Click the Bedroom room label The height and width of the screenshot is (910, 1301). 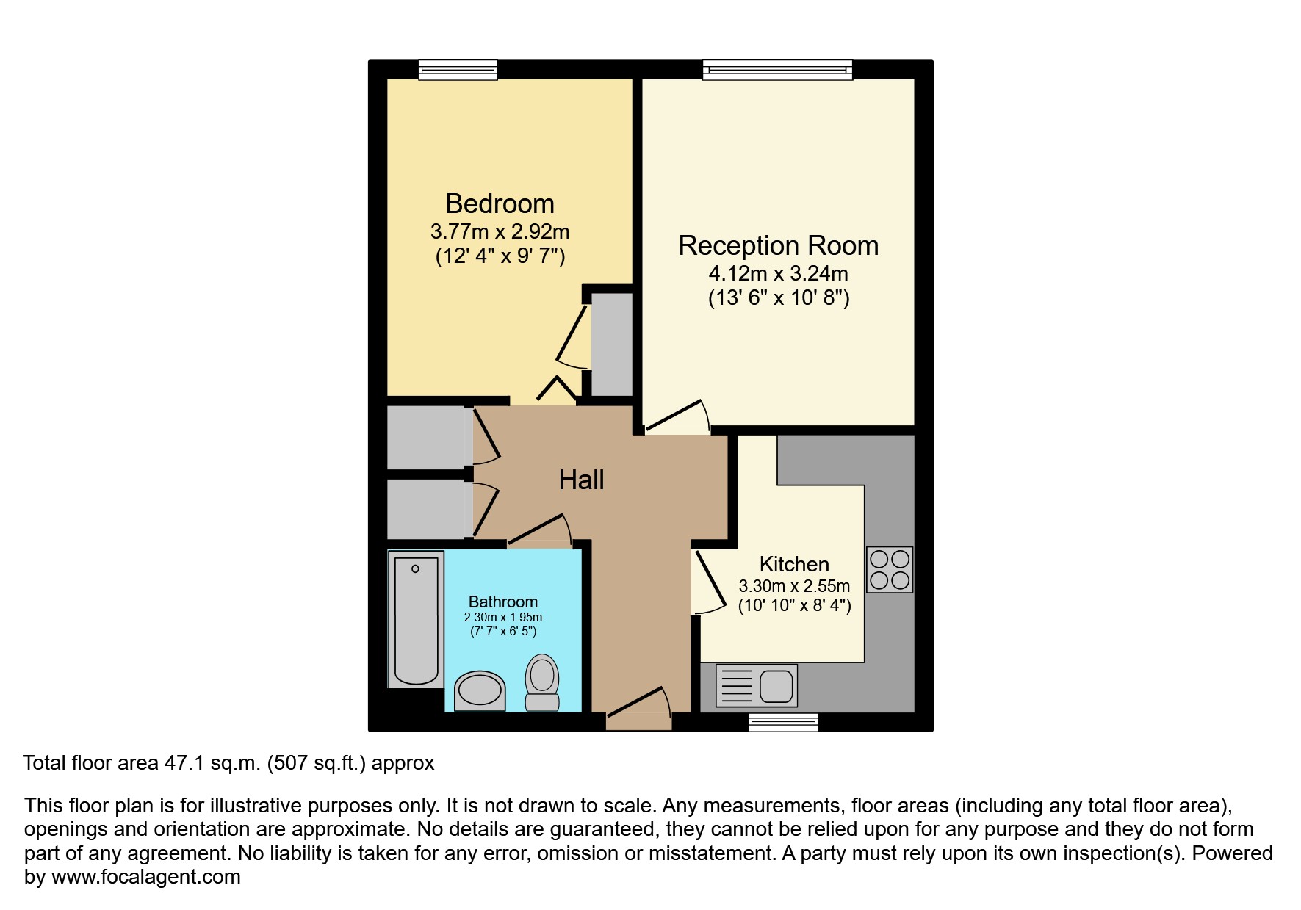500,203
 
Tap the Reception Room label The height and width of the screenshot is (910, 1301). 778,245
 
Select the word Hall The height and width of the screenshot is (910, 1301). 581,480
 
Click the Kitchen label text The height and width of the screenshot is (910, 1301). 793,564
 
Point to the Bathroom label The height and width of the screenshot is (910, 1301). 503,602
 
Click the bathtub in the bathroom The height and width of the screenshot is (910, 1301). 416,619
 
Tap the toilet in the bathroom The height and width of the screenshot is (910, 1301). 542,682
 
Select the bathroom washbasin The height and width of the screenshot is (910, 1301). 480,691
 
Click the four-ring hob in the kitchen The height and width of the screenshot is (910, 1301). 890,570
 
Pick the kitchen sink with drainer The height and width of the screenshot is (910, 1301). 756,686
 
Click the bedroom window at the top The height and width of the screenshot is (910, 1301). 458,71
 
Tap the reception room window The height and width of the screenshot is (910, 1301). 777,71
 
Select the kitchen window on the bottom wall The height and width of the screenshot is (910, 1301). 783,723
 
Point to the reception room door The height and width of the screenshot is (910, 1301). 676,416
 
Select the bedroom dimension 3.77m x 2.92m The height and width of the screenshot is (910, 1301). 500,232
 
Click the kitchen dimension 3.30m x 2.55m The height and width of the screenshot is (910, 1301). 793,586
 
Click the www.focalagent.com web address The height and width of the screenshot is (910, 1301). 145,877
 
